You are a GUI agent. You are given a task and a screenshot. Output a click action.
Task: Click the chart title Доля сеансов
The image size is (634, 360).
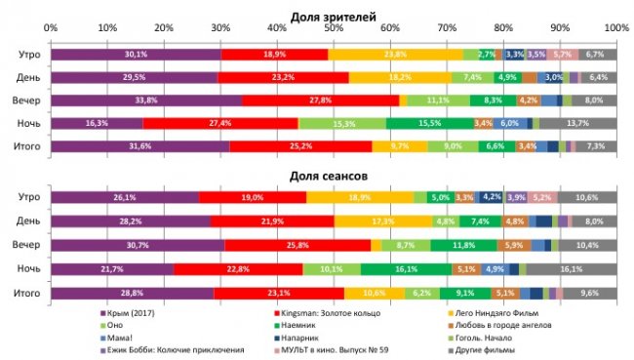click(x=334, y=176)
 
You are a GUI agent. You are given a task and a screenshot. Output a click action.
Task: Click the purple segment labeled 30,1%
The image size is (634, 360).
click(x=136, y=55)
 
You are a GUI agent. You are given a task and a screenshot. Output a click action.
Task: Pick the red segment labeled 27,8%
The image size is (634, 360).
click(x=320, y=100)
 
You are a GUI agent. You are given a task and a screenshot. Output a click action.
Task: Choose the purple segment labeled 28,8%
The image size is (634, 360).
click(x=132, y=292)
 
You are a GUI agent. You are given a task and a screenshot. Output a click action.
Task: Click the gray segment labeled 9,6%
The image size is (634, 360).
click(x=589, y=292)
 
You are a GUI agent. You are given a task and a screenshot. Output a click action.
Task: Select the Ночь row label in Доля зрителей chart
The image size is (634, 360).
click(x=27, y=123)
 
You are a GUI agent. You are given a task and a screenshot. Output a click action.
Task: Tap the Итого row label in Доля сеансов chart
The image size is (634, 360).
click(x=26, y=292)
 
